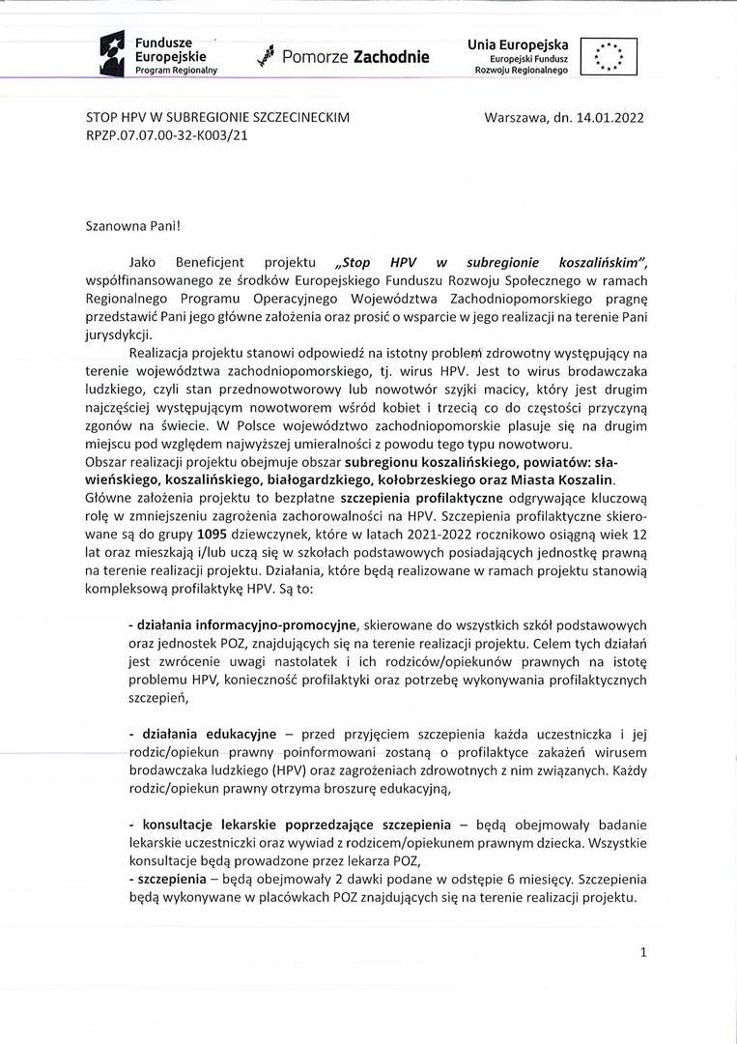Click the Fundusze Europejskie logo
[x=160, y=55]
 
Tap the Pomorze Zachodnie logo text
[x=355, y=58]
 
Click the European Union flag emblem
[x=609, y=57]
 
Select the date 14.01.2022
[x=609, y=117]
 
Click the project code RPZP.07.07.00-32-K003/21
[x=167, y=137]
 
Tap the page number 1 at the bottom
[x=643, y=953]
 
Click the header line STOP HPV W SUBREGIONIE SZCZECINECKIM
[x=217, y=117]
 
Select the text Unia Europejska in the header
[x=518, y=45]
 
